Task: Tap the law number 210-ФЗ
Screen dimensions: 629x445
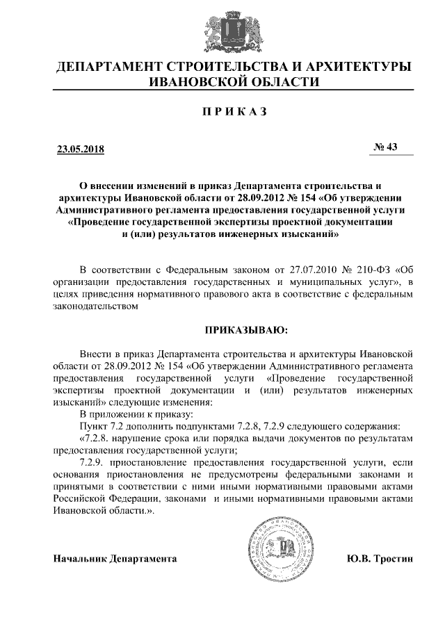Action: point(373,269)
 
